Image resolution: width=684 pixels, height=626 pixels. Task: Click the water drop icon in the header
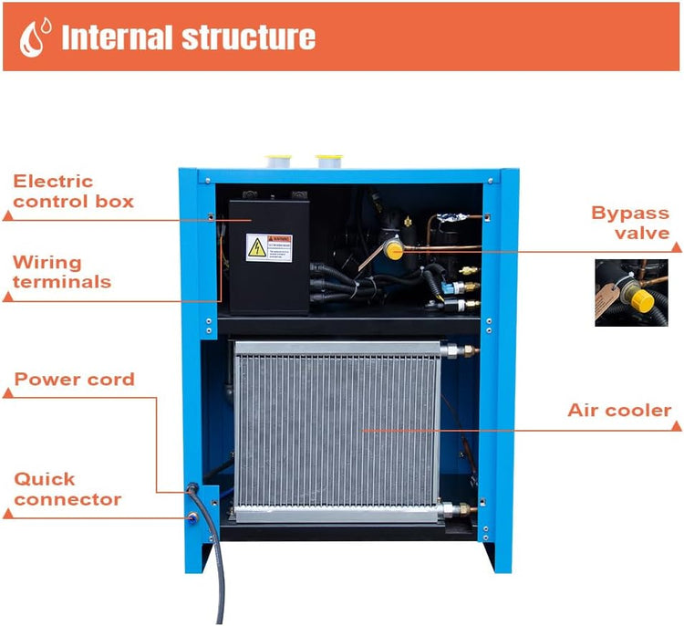coord(36,37)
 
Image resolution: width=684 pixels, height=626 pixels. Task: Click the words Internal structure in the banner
coord(188,37)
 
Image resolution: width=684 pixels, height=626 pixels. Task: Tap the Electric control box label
coord(73,191)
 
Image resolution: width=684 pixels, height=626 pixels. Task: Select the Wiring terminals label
coord(62,272)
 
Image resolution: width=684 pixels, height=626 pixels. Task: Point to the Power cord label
coord(74,379)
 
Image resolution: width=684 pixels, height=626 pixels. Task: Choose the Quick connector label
coord(67,489)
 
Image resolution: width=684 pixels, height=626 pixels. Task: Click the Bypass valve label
coord(630,223)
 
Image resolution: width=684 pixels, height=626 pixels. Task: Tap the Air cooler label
coord(619,410)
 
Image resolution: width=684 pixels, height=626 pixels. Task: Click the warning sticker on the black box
coord(269,247)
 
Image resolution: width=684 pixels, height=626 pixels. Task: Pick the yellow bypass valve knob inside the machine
coord(394,248)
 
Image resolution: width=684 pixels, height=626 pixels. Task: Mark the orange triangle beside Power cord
coord(8,393)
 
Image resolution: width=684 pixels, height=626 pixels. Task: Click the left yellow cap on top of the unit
coord(278,162)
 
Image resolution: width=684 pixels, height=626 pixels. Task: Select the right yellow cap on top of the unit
coord(328,162)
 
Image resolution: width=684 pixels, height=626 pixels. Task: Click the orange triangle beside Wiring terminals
coord(8,296)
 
